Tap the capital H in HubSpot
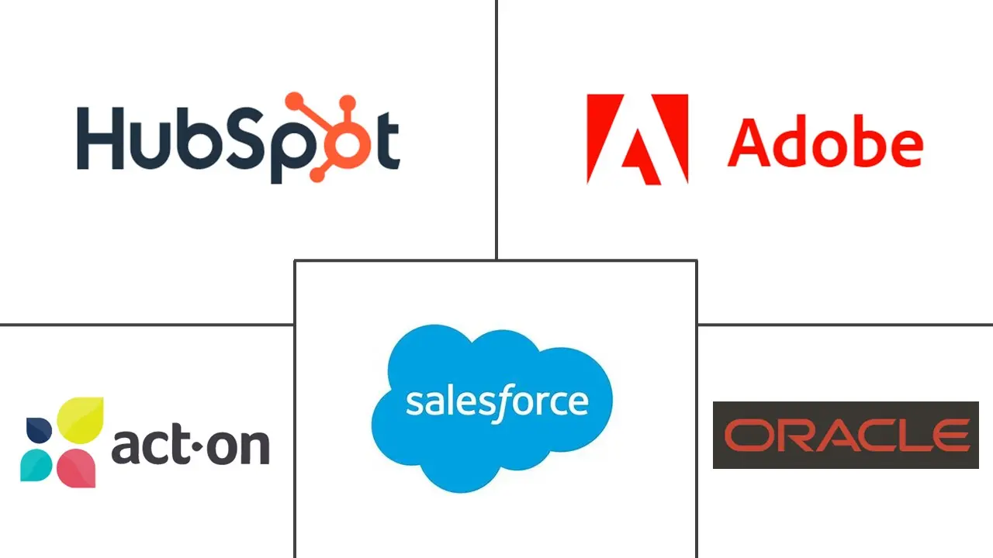click(100, 139)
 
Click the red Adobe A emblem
click(637, 139)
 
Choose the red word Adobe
click(825, 143)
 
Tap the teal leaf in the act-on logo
click(36, 464)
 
